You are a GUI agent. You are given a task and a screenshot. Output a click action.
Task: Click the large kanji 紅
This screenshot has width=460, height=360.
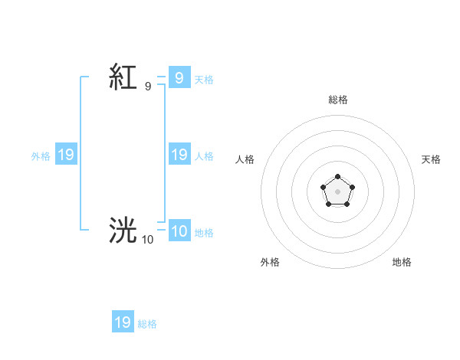pyautogui.click(x=123, y=77)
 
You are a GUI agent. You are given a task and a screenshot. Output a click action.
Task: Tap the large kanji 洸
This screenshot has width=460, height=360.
pyautogui.click(x=123, y=231)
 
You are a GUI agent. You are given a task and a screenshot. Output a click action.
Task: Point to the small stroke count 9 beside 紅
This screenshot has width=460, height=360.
pyautogui.click(x=148, y=87)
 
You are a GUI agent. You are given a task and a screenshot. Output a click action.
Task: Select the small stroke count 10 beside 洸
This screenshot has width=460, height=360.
pyautogui.click(x=147, y=240)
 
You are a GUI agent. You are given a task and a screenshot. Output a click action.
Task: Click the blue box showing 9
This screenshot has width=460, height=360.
pyautogui.click(x=179, y=77)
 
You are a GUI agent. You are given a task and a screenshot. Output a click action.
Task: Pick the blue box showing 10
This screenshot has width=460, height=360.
pyautogui.click(x=179, y=231)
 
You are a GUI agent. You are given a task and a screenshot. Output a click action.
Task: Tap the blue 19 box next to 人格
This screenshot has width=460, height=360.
pyautogui.click(x=179, y=155)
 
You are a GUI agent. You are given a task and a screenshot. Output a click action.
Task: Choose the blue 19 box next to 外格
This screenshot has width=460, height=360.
pyautogui.click(x=66, y=155)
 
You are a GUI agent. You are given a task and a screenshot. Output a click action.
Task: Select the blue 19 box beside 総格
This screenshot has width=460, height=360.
pyautogui.click(x=123, y=322)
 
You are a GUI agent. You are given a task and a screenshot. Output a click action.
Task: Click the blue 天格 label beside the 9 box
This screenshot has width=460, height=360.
pyautogui.click(x=204, y=79)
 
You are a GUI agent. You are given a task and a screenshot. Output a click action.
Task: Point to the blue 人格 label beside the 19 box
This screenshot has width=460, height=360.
pyautogui.click(x=204, y=156)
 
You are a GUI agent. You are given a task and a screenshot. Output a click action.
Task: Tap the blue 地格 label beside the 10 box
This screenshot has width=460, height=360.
pyautogui.click(x=204, y=233)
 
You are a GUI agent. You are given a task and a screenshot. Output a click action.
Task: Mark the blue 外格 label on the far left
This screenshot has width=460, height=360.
pyautogui.click(x=41, y=156)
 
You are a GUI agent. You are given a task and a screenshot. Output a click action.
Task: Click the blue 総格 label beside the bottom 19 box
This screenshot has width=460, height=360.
pyautogui.click(x=147, y=324)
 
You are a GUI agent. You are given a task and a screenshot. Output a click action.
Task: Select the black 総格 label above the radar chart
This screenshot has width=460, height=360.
pyautogui.click(x=338, y=100)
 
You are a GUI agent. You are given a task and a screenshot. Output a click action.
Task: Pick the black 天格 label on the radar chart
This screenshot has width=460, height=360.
pyautogui.click(x=432, y=159)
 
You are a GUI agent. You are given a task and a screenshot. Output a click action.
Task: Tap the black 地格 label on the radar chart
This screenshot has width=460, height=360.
pyautogui.click(x=402, y=262)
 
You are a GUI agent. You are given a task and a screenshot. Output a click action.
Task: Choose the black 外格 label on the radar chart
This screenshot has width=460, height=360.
pyautogui.click(x=270, y=262)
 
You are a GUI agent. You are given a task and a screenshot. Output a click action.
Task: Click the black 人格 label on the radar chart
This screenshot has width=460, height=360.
pyautogui.click(x=245, y=159)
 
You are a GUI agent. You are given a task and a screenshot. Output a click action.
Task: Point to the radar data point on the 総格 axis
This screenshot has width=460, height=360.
pyautogui.click(x=338, y=177)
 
